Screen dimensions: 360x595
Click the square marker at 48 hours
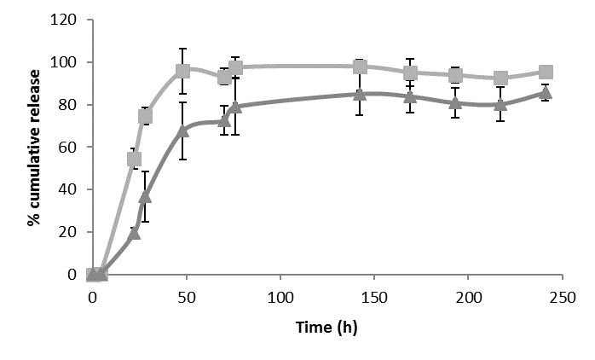pos(182,71)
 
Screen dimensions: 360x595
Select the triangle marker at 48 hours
pos(182,131)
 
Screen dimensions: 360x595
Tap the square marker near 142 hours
pos(361,67)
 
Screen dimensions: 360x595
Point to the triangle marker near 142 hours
pos(361,95)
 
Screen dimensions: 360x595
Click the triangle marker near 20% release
pos(134,232)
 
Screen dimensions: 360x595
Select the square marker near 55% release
pos(134,159)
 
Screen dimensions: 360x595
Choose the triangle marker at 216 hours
pos(500,104)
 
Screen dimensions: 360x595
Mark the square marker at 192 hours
pos(455,75)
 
